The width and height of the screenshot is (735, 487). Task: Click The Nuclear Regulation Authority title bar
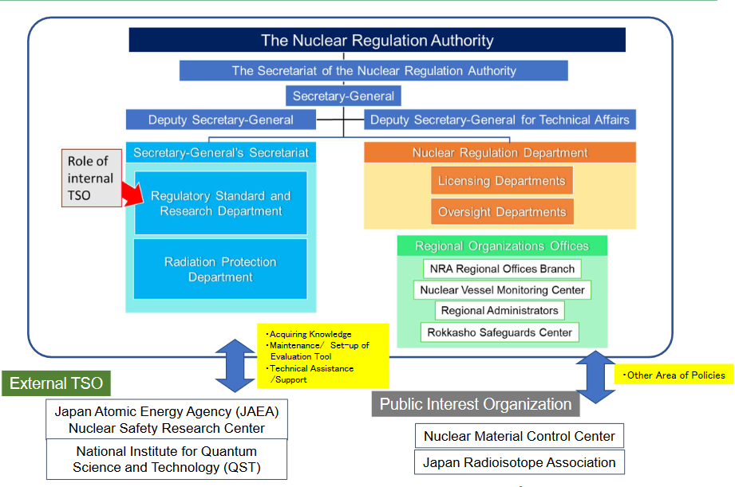pos(377,40)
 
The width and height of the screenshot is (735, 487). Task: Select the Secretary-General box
pos(343,96)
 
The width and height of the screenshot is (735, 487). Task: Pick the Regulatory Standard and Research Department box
pos(221,203)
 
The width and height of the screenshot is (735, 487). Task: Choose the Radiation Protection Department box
pos(221,269)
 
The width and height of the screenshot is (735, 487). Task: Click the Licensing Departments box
pos(501,181)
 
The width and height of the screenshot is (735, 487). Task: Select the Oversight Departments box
pos(501,212)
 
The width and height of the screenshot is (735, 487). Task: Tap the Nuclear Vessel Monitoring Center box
pos(503,290)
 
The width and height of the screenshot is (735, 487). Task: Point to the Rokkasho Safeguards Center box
pos(499,332)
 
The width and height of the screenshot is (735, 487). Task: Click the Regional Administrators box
pos(500,311)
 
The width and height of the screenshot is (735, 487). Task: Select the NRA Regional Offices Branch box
pos(501,269)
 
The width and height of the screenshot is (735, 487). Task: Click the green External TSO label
pos(56,383)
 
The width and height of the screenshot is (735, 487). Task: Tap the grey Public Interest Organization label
pos(476,403)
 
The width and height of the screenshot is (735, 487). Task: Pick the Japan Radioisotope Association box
pos(520,462)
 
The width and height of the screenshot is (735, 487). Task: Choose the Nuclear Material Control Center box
pos(520,436)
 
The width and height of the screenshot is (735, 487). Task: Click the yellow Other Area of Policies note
pos(675,375)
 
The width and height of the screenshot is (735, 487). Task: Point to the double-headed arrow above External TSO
pos(236,365)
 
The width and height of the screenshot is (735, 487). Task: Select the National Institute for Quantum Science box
pos(167,459)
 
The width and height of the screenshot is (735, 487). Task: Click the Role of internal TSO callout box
pos(90,178)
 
